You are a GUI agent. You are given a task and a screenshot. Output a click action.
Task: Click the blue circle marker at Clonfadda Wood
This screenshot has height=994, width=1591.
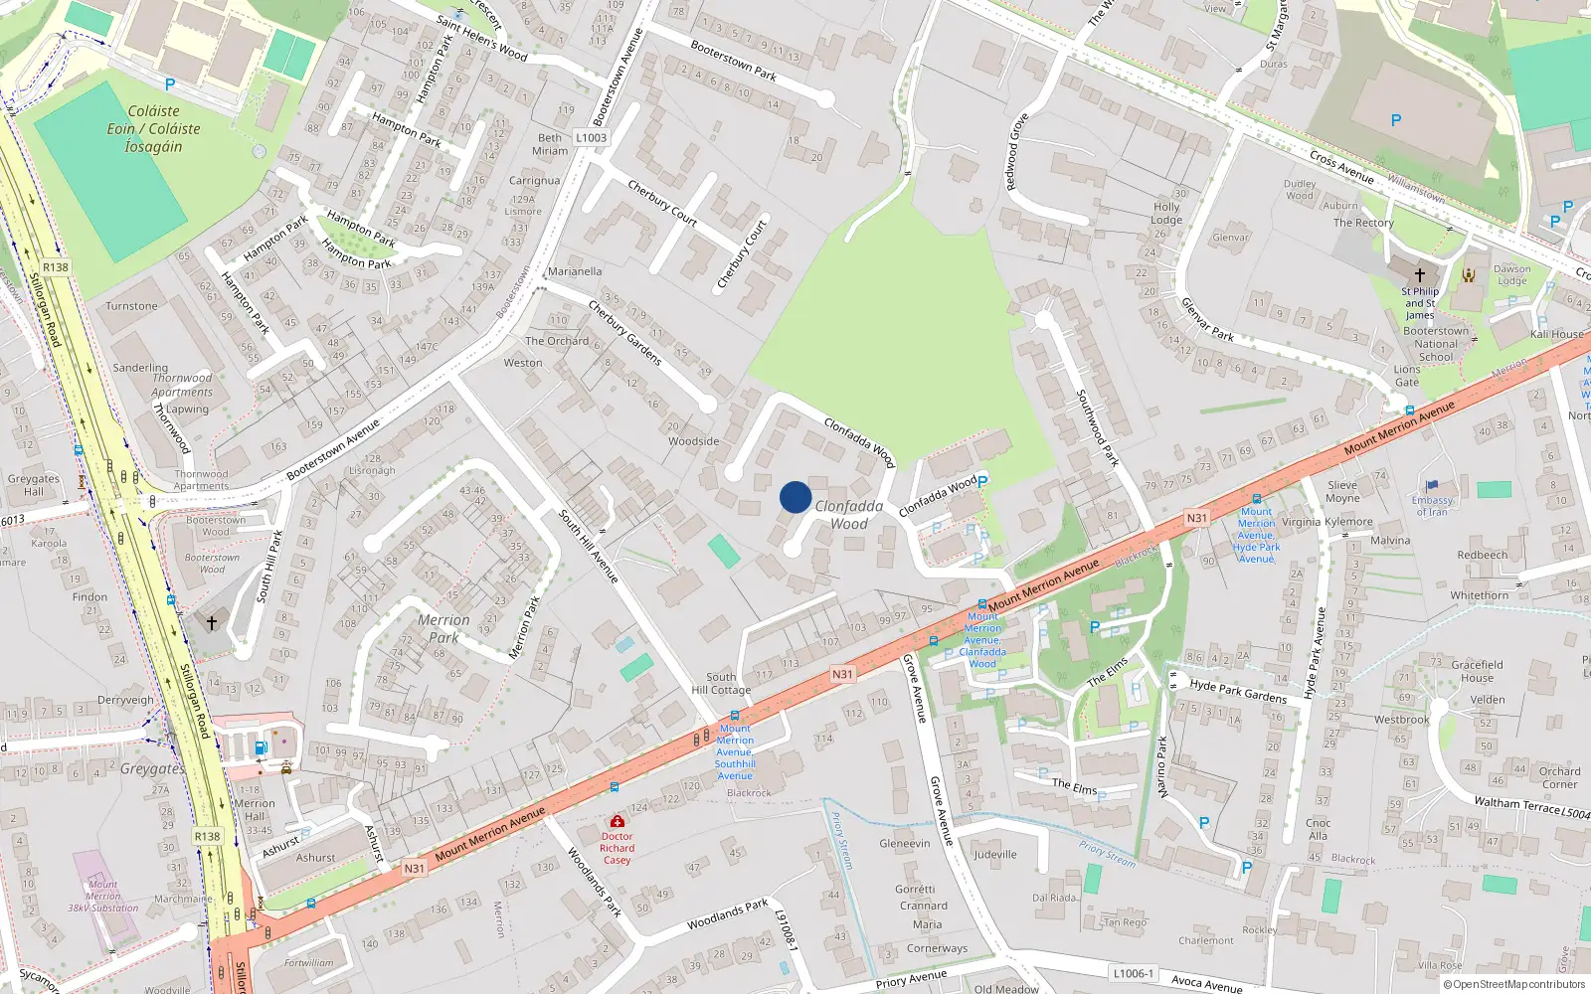(795, 497)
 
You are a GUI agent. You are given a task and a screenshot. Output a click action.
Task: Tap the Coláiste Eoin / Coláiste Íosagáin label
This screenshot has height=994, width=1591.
(154, 129)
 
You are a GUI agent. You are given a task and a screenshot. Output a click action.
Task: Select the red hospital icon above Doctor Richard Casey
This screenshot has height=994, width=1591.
(617, 821)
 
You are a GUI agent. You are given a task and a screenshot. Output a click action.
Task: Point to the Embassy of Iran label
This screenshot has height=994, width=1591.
(1432, 506)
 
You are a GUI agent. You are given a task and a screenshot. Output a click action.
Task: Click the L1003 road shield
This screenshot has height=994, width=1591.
(591, 138)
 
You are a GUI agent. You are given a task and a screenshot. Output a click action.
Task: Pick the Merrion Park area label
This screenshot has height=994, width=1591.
(443, 628)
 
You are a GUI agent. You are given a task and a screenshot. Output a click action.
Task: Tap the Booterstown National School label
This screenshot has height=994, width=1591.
(1435, 344)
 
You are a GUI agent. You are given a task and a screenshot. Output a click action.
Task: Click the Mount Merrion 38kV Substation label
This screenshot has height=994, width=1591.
(102, 896)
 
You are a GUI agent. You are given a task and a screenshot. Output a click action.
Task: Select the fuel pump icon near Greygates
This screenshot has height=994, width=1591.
(261, 747)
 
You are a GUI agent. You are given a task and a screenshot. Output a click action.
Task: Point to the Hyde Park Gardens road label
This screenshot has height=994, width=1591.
(1238, 691)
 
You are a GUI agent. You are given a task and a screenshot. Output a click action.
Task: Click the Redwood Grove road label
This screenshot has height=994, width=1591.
(1016, 152)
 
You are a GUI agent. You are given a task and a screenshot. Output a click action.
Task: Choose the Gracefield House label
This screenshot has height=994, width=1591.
(1477, 671)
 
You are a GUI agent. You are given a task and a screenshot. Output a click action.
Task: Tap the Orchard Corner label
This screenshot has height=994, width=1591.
(1559, 777)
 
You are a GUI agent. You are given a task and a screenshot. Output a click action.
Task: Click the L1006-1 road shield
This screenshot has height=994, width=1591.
(1133, 973)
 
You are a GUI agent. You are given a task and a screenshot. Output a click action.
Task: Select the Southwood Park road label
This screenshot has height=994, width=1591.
(1098, 427)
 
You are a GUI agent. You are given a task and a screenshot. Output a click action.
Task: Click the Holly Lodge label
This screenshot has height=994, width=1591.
(1166, 214)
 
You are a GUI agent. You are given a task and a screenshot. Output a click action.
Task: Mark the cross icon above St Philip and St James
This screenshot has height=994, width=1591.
(1419, 274)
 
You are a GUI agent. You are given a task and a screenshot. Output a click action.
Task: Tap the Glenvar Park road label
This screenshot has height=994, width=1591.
(1207, 319)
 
